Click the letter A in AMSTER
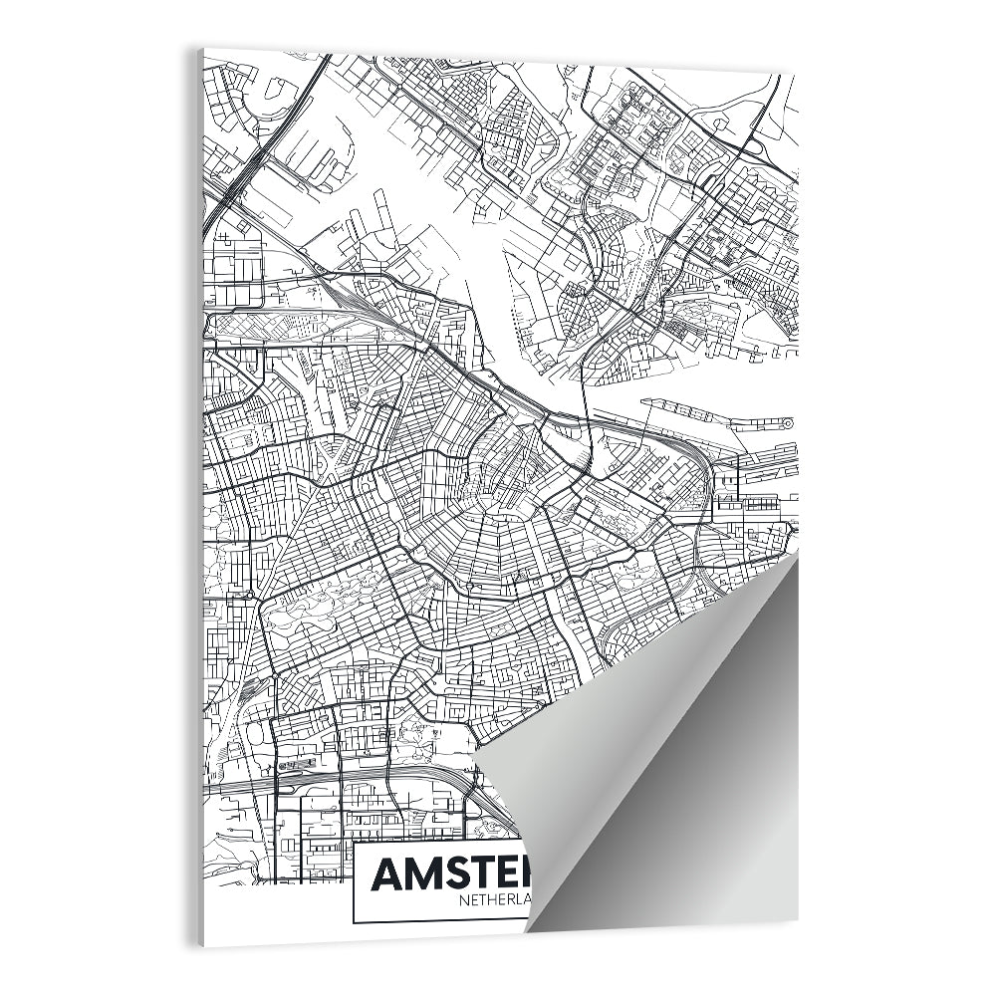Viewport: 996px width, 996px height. click(389, 874)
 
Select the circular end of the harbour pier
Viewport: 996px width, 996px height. click(787, 424)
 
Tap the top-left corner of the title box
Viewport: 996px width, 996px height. click(355, 843)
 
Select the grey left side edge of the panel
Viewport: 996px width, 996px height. click(200, 498)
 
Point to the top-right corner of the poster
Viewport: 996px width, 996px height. click(796, 72)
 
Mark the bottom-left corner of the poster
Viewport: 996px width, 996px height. click(205, 942)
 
